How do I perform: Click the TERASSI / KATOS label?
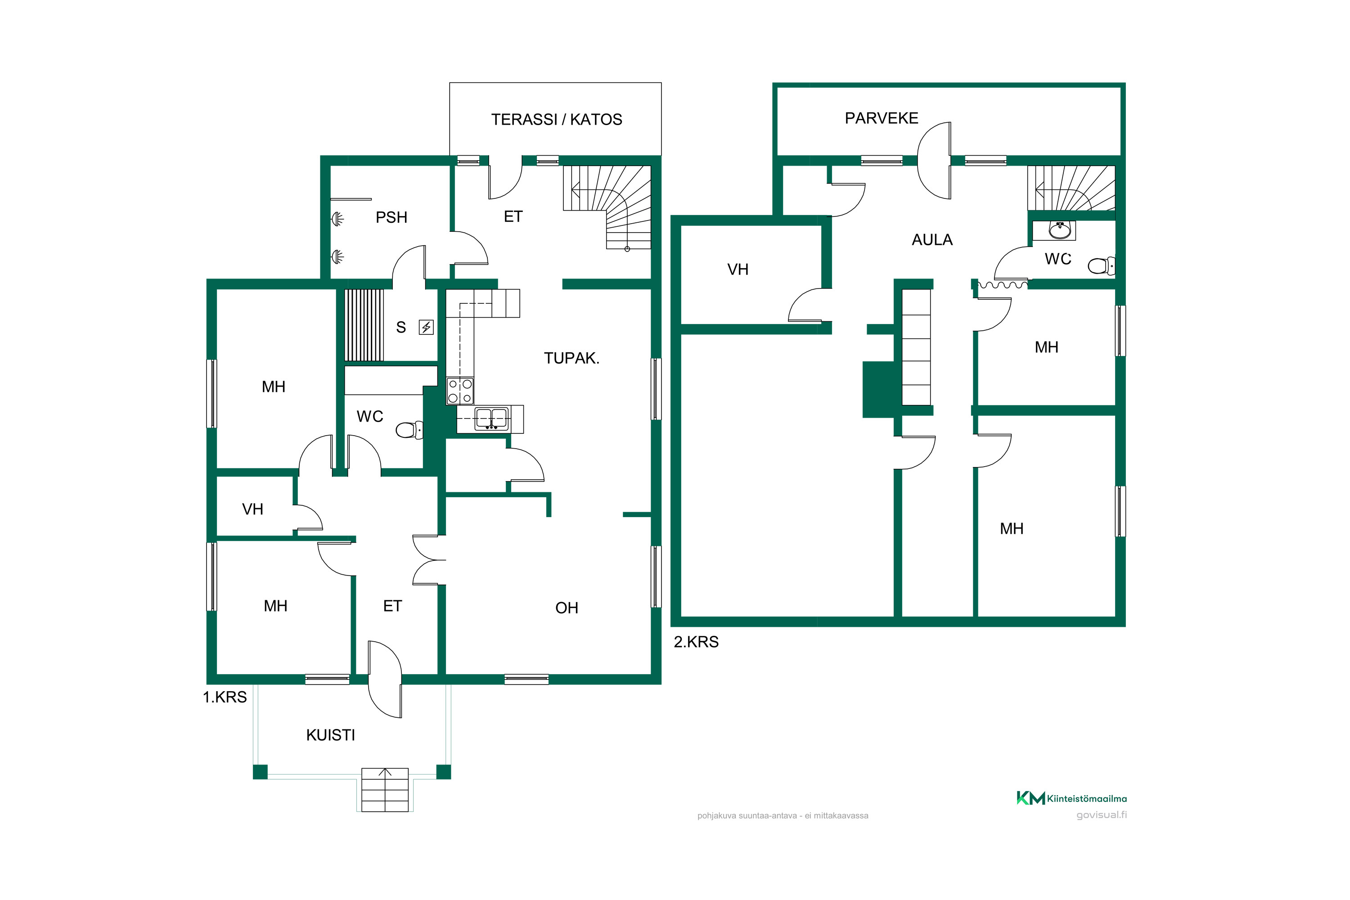tap(556, 119)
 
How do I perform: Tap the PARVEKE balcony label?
tap(881, 118)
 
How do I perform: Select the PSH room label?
tap(391, 217)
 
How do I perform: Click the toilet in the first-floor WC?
tap(409, 429)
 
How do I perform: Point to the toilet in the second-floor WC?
tap(1101, 266)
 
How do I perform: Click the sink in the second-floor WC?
tap(1059, 230)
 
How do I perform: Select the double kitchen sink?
tap(491, 418)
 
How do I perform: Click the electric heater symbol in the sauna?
tap(426, 327)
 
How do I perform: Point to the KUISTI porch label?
tap(331, 735)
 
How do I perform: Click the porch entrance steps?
tap(385, 790)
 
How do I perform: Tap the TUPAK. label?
tap(571, 358)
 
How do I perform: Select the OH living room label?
tap(567, 608)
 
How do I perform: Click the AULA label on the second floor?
tap(932, 240)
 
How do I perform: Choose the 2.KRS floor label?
tap(696, 642)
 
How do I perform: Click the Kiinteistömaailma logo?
tap(1071, 798)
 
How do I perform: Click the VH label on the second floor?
tap(738, 270)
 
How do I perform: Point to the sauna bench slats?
tap(364, 325)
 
